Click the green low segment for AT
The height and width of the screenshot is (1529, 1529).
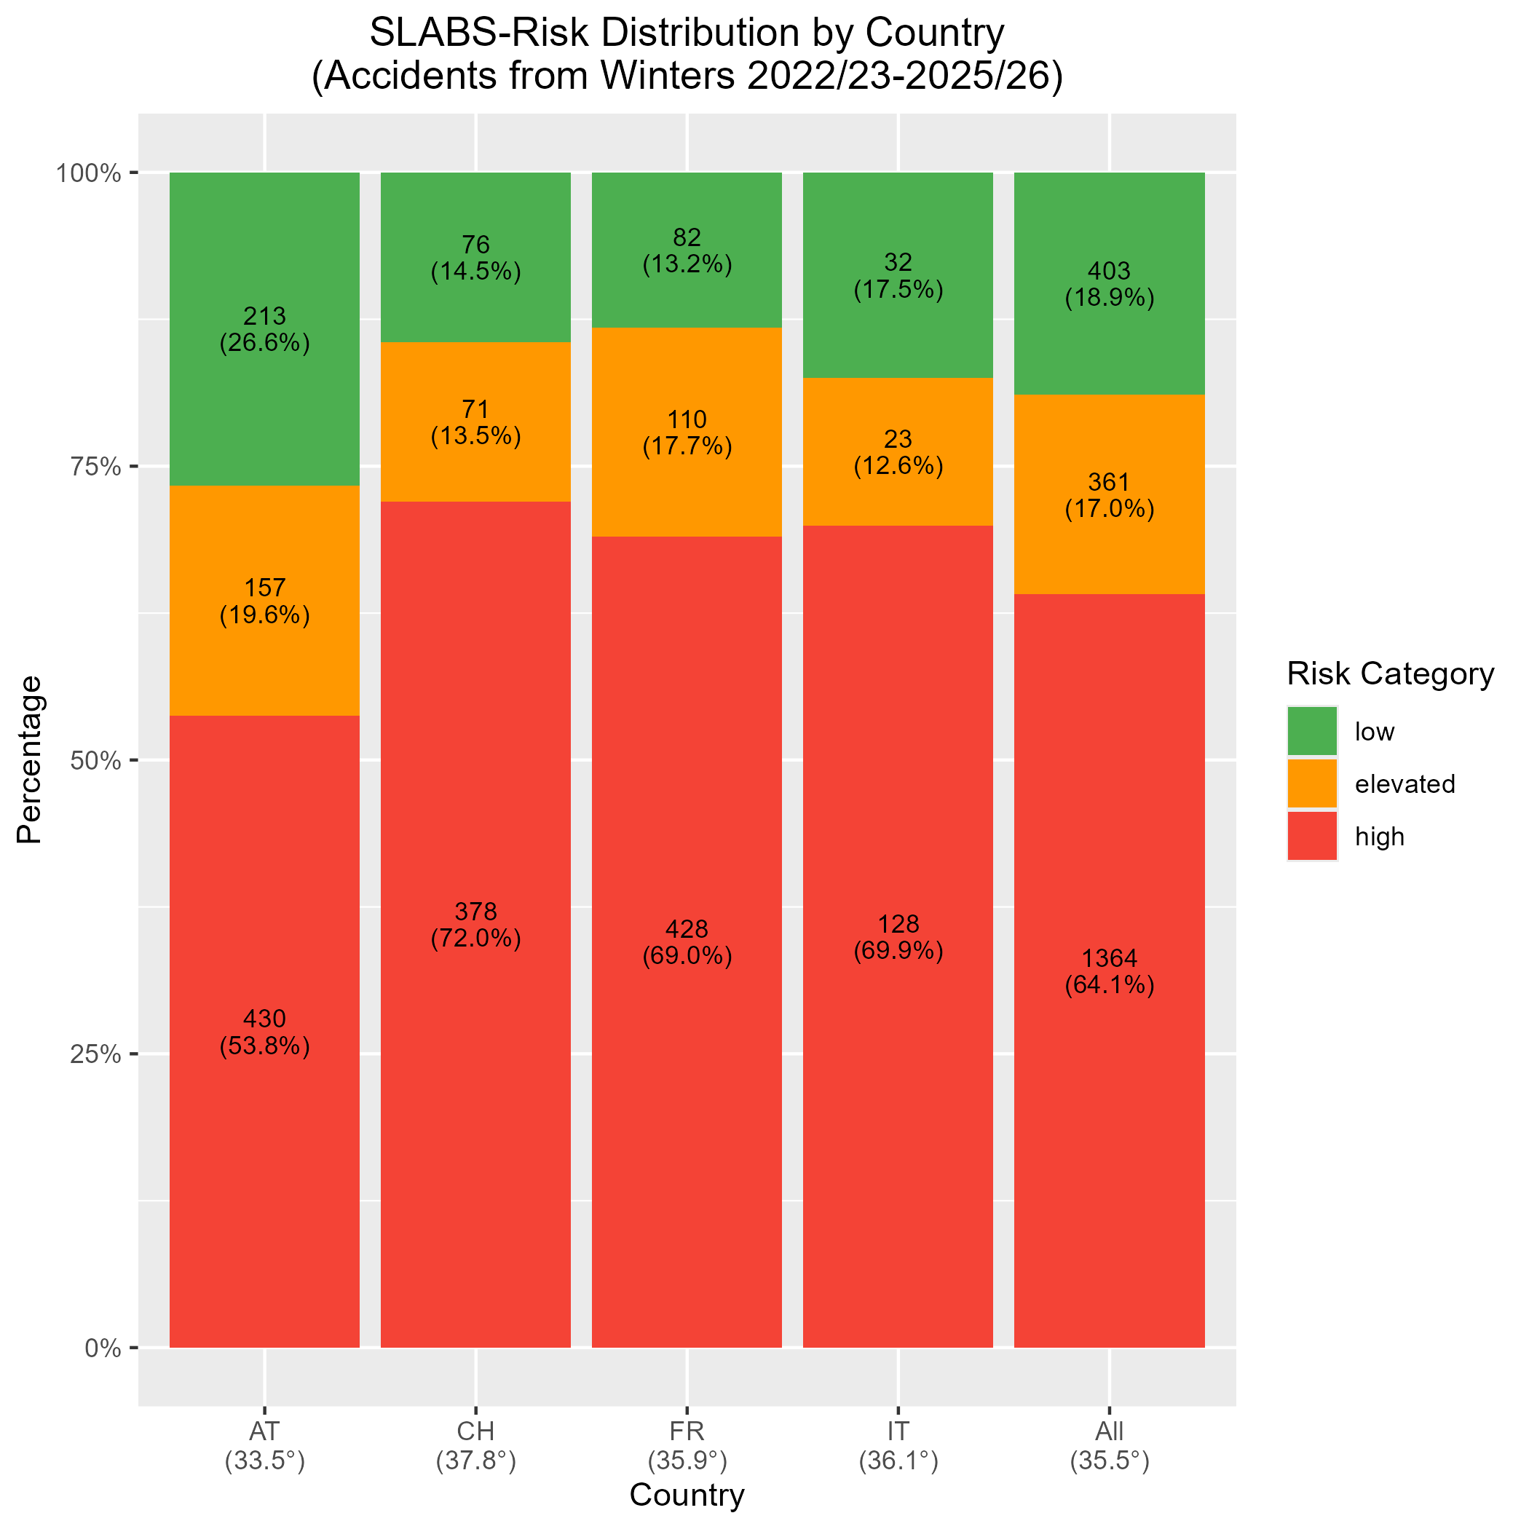[264, 328]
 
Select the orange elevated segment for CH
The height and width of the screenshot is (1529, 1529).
[475, 422]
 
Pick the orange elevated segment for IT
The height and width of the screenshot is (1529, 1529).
[898, 452]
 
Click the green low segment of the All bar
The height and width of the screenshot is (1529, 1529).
[1110, 283]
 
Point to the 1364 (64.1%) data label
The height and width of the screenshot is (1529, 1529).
[1110, 972]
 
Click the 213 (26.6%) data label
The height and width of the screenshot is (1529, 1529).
[264, 329]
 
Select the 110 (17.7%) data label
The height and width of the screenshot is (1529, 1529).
[687, 433]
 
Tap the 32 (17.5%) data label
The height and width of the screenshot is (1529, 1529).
[898, 276]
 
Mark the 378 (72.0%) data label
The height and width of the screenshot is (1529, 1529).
[475, 925]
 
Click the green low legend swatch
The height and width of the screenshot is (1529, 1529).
[1312, 731]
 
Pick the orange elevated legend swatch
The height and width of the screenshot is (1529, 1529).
[1312, 783]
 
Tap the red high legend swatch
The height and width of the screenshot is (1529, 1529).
[1312, 836]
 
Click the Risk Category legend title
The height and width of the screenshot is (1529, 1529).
[1391, 673]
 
